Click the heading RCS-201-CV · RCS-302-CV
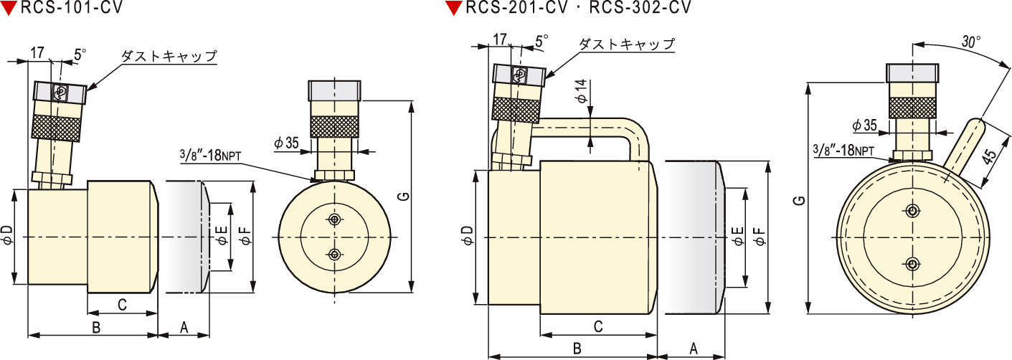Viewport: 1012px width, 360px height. click(578, 8)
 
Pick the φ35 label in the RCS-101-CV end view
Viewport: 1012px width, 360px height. click(286, 143)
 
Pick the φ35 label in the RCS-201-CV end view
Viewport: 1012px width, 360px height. click(864, 125)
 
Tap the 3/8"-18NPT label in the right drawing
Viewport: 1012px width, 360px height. click(843, 150)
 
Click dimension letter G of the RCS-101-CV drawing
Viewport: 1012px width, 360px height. click(405, 196)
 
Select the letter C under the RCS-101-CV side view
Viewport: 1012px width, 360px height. click(121, 305)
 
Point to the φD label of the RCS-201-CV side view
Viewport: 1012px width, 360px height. click(466, 235)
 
